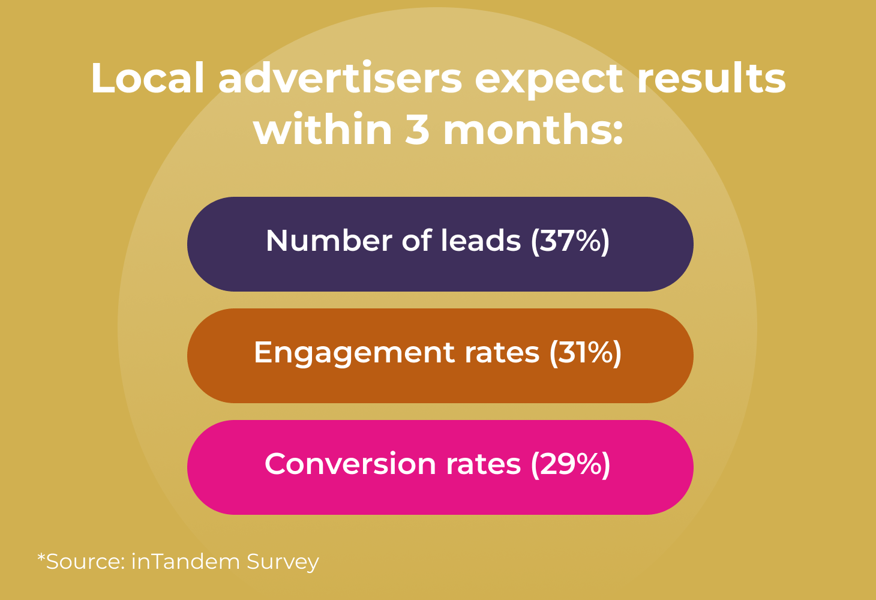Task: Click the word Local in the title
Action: click(148, 78)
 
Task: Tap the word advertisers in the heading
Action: click(340, 78)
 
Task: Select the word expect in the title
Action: click(548, 81)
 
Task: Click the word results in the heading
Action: click(712, 78)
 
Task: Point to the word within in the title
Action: click(323, 128)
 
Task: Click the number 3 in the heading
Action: click(417, 129)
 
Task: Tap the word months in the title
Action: click(533, 128)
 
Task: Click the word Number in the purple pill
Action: click(329, 241)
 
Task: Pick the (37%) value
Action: click(570, 241)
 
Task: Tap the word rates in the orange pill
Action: click(502, 353)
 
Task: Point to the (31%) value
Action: click(586, 353)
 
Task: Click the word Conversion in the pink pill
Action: click(350, 464)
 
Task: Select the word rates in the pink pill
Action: click(484, 465)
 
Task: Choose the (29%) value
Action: click(571, 465)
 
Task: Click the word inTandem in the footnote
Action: click(185, 562)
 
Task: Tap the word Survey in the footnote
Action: click(283, 563)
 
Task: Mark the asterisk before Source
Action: click(41, 557)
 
